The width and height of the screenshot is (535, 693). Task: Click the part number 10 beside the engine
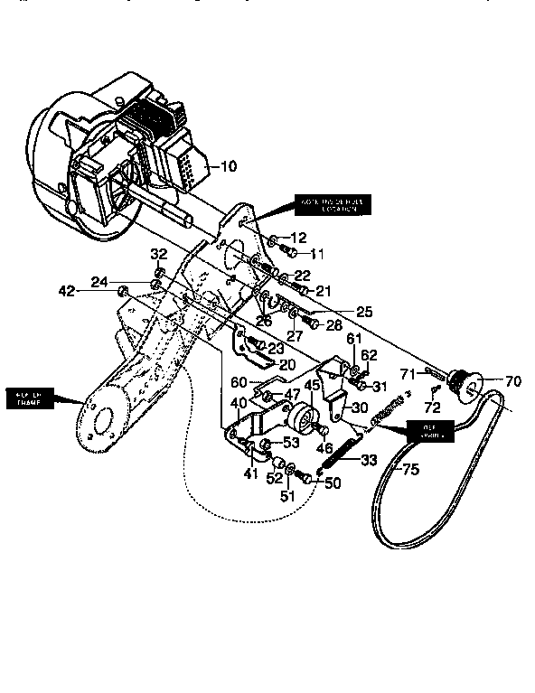pos(228,166)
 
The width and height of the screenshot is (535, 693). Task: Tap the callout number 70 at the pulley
pos(512,381)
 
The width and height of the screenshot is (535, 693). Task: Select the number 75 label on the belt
pos(411,470)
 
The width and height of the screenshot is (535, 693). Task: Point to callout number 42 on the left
pos(67,290)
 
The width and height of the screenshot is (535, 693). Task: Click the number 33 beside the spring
pos(369,460)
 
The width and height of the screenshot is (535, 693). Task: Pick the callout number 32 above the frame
pos(158,254)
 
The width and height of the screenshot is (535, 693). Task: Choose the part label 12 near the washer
pos(298,236)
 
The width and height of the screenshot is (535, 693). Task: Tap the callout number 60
pos(238,381)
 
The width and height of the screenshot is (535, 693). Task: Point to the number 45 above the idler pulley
pos(312,386)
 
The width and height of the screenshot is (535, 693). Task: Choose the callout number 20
pos(287,365)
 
